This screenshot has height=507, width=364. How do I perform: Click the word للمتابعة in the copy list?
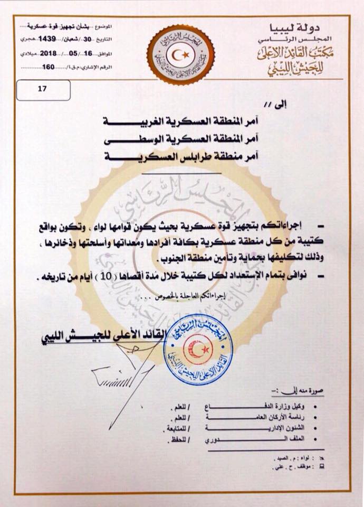pos(169,428)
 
